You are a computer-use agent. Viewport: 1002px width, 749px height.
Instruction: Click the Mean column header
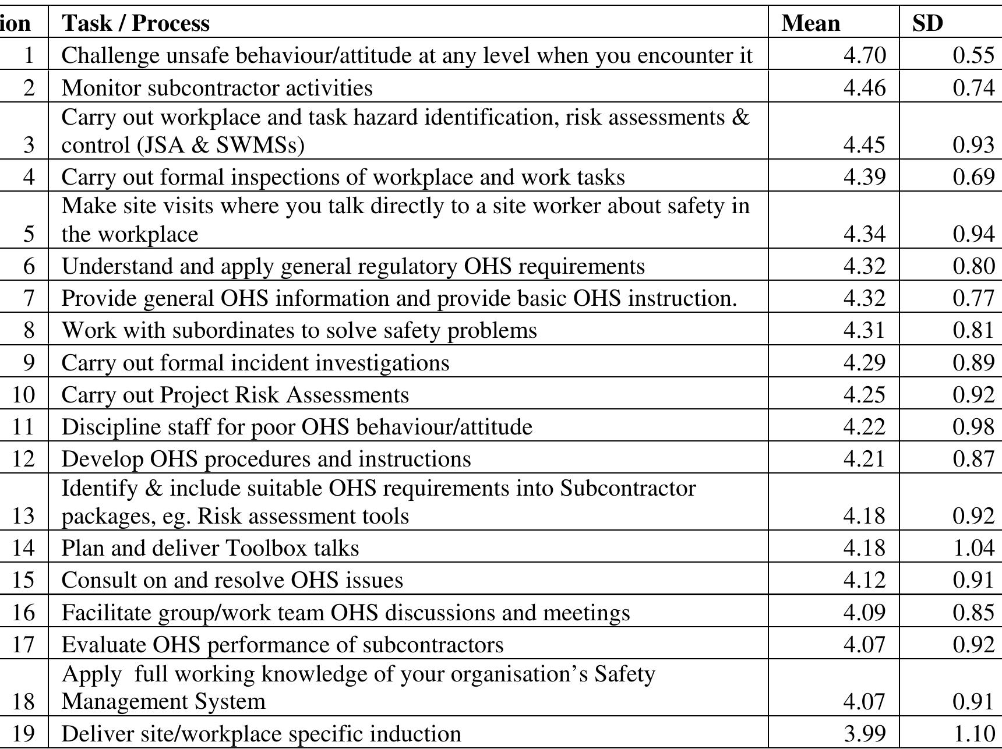pyautogui.click(x=810, y=23)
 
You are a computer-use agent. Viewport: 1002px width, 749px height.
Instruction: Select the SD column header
pyautogui.click(x=927, y=23)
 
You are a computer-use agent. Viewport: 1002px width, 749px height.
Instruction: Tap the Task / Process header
pyautogui.click(x=136, y=23)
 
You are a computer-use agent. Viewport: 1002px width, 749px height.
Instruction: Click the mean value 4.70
pyautogui.click(x=864, y=55)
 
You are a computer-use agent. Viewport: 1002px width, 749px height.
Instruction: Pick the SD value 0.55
pyautogui.click(x=973, y=55)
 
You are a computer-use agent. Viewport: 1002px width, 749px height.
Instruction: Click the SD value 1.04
pyautogui.click(x=973, y=548)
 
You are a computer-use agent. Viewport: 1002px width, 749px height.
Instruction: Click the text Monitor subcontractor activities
pyautogui.click(x=217, y=88)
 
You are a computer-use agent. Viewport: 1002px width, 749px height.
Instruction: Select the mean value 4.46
pyautogui.click(x=864, y=88)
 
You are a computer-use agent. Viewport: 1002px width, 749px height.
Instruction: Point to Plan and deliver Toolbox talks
pyautogui.click(x=210, y=548)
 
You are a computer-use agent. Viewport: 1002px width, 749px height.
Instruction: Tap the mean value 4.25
pyautogui.click(x=864, y=395)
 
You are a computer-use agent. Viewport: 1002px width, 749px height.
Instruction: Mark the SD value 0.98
pyautogui.click(x=973, y=427)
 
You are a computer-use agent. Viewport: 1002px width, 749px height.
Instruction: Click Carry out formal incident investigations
pyautogui.click(x=255, y=363)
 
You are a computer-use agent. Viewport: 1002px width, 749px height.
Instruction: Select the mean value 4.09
pyautogui.click(x=864, y=613)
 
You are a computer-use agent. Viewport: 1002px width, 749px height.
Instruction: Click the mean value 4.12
pyautogui.click(x=864, y=580)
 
